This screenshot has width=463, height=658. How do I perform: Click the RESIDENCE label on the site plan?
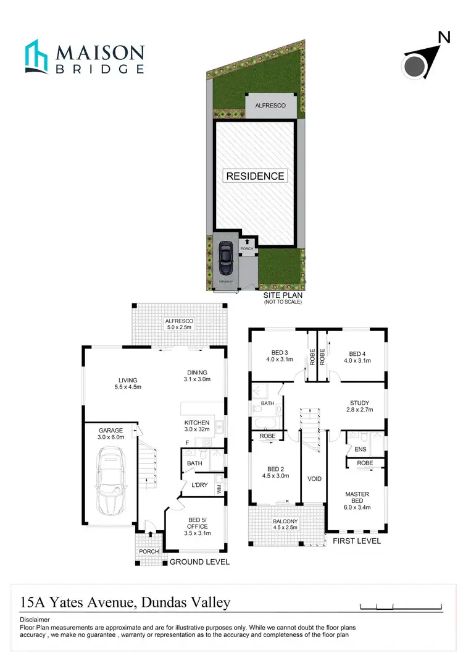tap(255, 176)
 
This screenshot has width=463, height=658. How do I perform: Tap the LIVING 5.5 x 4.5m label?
tap(128, 384)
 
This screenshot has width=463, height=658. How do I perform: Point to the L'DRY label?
tap(199, 485)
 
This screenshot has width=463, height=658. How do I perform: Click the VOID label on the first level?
tap(314, 479)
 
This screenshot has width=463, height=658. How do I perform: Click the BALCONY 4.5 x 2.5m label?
tap(285, 525)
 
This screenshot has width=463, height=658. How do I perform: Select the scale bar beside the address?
tap(401, 605)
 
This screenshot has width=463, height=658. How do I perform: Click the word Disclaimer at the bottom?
tap(35, 619)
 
